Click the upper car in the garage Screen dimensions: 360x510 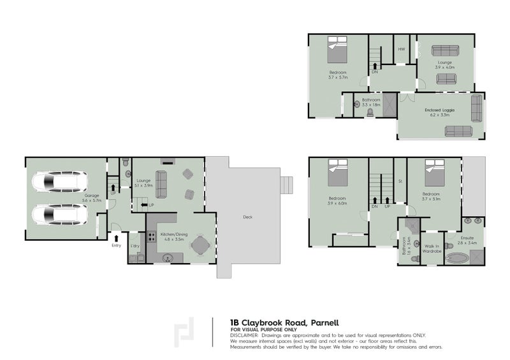(60, 184)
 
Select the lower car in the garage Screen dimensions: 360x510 (60, 215)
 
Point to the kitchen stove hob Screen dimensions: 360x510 (152, 238)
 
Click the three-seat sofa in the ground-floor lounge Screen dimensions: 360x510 (161, 185)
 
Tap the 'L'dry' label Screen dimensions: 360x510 (135, 245)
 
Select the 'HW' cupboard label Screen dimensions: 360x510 (401, 50)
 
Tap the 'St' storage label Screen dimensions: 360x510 (400, 182)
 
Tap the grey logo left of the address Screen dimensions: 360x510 (186, 332)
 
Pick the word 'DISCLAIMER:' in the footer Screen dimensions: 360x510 (245, 335)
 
